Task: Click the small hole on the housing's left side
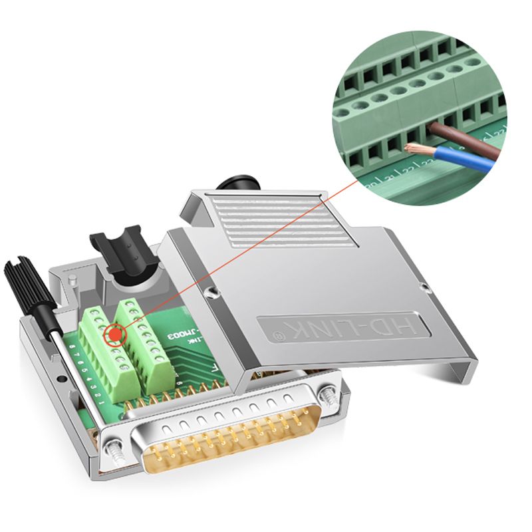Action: (61, 378)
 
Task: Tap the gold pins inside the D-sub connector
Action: (226, 439)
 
